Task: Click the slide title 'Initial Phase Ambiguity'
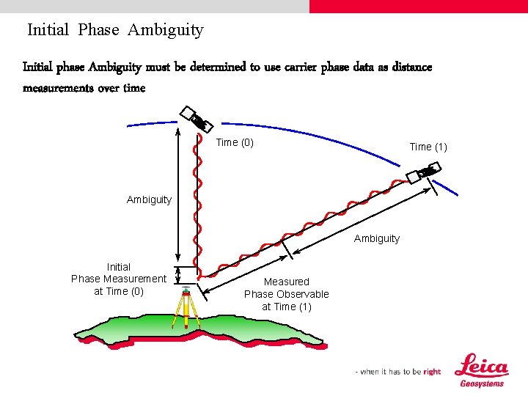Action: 115,30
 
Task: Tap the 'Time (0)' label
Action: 235,142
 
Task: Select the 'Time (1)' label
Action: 428,147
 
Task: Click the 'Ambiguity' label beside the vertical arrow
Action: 149,199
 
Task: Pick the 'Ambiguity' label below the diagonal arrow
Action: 377,238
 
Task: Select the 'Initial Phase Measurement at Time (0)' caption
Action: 119,279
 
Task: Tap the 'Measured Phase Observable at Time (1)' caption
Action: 287,294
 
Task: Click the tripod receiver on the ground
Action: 187,304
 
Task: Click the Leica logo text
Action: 481,366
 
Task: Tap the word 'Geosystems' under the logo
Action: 482,384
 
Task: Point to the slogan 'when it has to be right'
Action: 400,372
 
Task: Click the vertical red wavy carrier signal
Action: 196,198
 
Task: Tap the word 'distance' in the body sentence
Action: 409,67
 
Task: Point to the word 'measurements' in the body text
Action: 58,88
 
